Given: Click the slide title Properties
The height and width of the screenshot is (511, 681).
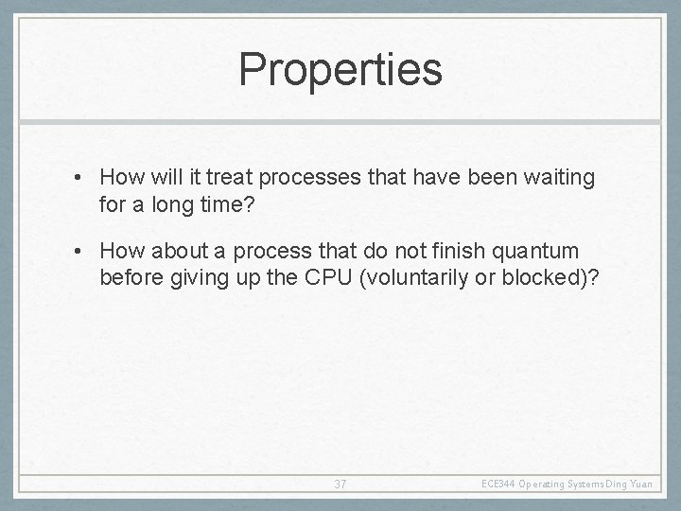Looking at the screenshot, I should coord(340,69).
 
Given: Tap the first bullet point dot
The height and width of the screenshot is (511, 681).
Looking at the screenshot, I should coord(85,177).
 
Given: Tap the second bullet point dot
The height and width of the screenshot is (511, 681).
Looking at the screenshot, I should coord(85,251).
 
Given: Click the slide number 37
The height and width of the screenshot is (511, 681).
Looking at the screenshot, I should coord(340,484).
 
